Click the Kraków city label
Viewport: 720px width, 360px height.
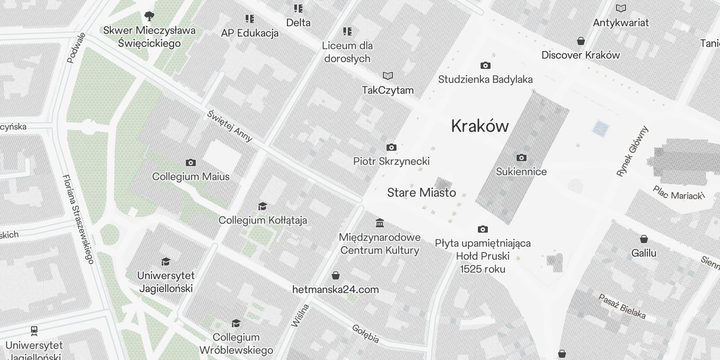[x=480, y=126]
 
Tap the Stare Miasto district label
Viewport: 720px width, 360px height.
[x=421, y=193]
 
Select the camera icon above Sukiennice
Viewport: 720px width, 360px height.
[x=521, y=158]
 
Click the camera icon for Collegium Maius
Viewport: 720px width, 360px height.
[x=190, y=163]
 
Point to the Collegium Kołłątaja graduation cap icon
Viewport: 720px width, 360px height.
[x=262, y=207]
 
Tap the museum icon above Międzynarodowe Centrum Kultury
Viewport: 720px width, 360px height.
[x=379, y=223]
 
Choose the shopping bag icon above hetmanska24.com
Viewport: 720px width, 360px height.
[x=335, y=275]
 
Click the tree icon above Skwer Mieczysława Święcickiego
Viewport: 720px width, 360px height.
[x=149, y=17]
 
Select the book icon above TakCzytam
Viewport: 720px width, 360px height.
[x=387, y=76]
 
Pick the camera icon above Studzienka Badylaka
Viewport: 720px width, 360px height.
[x=485, y=66]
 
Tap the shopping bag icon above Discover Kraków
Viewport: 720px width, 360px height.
[x=580, y=41]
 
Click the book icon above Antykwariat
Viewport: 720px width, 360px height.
[x=621, y=9]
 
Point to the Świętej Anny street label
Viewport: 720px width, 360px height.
[x=229, y=126]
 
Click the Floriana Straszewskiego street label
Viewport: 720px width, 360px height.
[x=78, y=219]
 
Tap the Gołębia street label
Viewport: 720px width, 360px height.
[x=365, y=333]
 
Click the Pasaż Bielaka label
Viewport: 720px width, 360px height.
[x=622, y=306]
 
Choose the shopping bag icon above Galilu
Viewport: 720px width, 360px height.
[x=643, y=239]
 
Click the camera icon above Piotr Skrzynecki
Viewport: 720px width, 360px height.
[x=391, y=148]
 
